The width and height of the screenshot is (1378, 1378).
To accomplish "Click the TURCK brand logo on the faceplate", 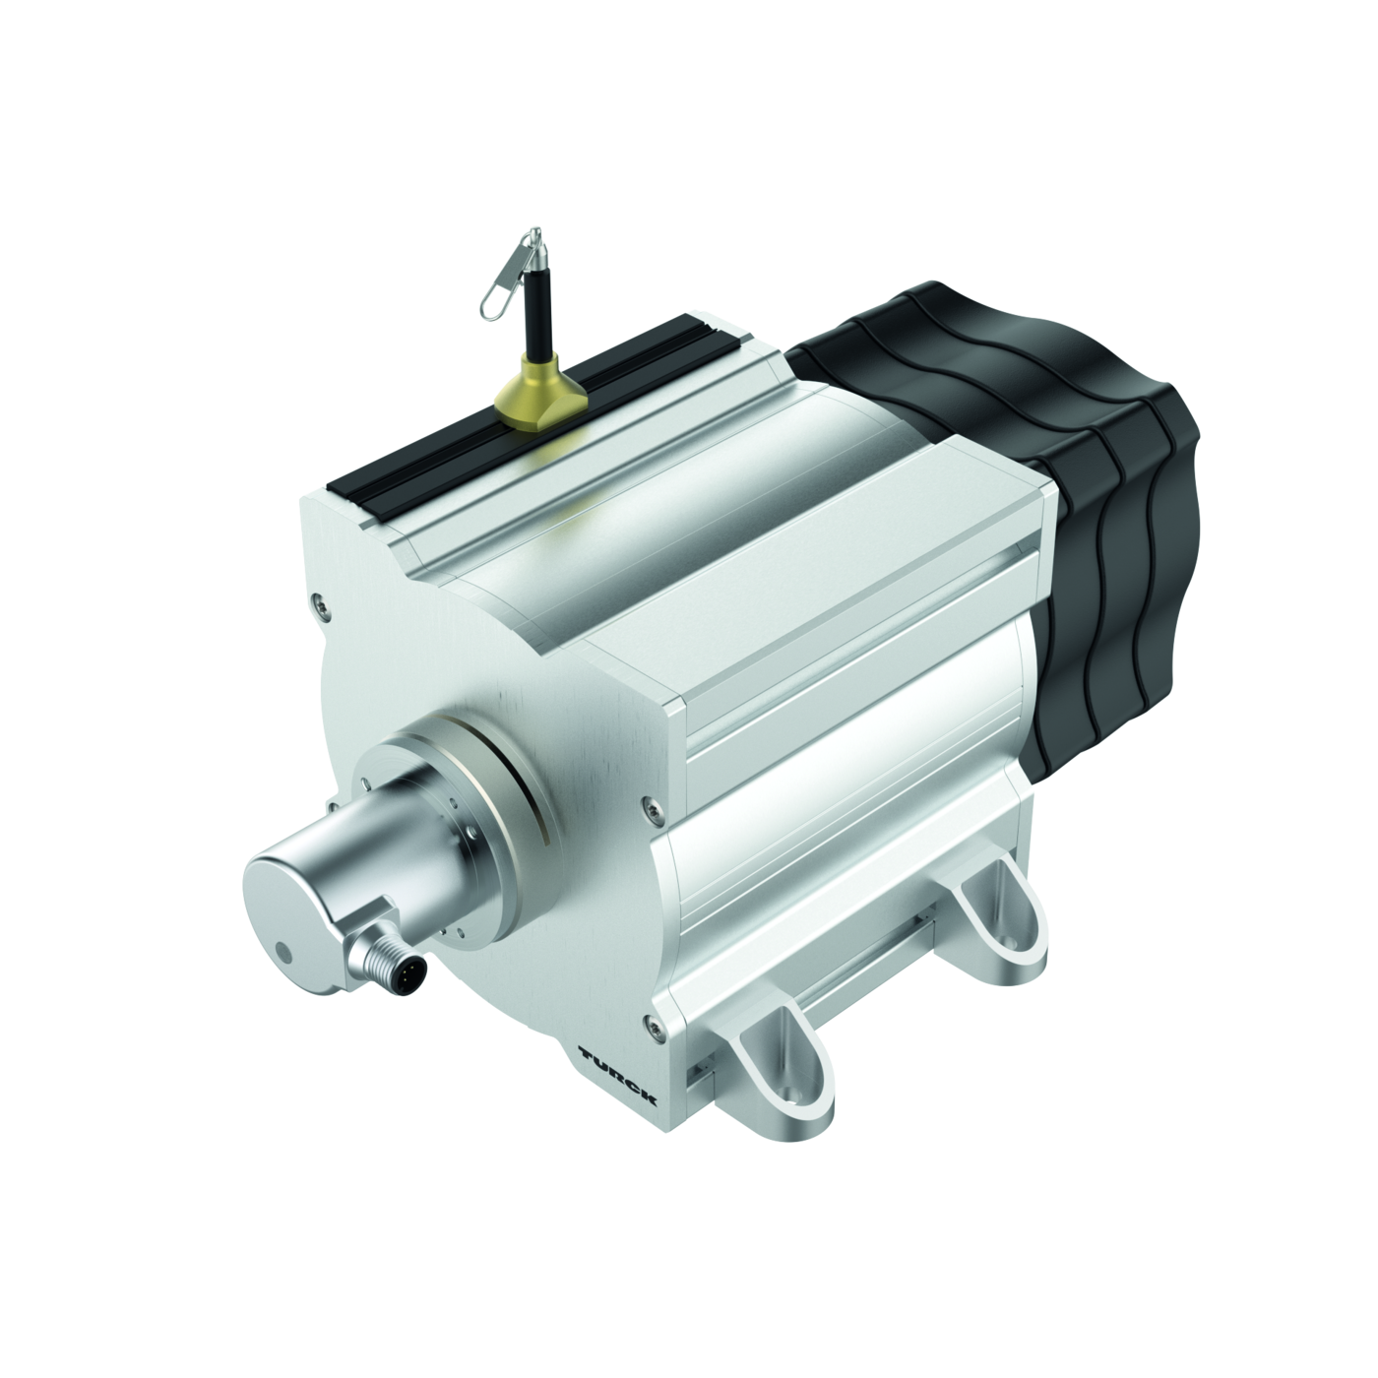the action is click(x=616, y=1078).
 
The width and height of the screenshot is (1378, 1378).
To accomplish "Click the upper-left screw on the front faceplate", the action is click(x=318, y=585).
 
